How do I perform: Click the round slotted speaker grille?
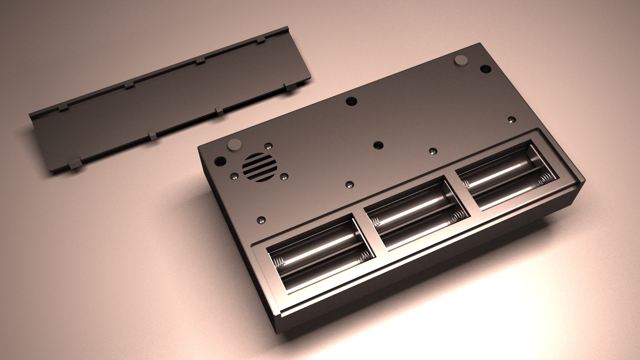click(260, 168)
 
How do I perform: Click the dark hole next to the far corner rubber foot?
click(485, 69)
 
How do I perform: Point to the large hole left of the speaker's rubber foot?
click(219, 161)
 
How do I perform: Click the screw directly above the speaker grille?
click(268, 146)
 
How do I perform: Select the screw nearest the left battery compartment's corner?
click(261, 220)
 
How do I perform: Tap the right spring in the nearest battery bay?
click(365, 256)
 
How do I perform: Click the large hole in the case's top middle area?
click(351, 101)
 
